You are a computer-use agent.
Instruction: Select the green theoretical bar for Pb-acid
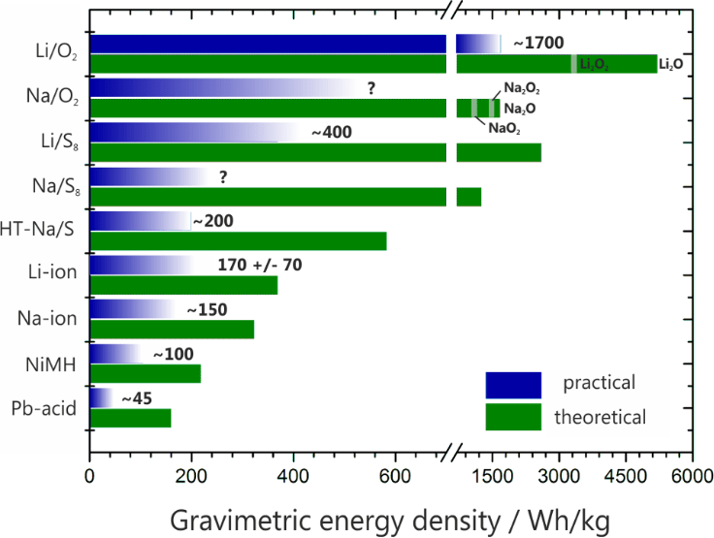point(130,419)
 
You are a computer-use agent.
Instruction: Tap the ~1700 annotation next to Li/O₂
point(537,44)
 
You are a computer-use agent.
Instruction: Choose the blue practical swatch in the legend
point(513,384)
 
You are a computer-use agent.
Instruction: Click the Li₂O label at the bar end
point(671,65)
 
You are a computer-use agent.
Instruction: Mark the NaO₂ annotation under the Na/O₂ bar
point(503,128)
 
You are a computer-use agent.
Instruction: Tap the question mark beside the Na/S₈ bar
point(223,176)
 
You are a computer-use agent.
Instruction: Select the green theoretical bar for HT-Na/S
point(238,241)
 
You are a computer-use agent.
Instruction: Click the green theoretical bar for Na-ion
point(172,330)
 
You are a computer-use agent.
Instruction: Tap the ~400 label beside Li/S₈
point(331,132)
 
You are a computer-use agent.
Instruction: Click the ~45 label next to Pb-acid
point(137,398)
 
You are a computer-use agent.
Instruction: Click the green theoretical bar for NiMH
point(146,374)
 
